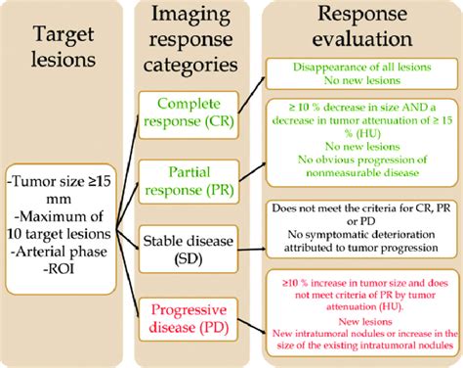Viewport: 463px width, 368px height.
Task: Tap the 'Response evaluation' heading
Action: coord(360,29)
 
